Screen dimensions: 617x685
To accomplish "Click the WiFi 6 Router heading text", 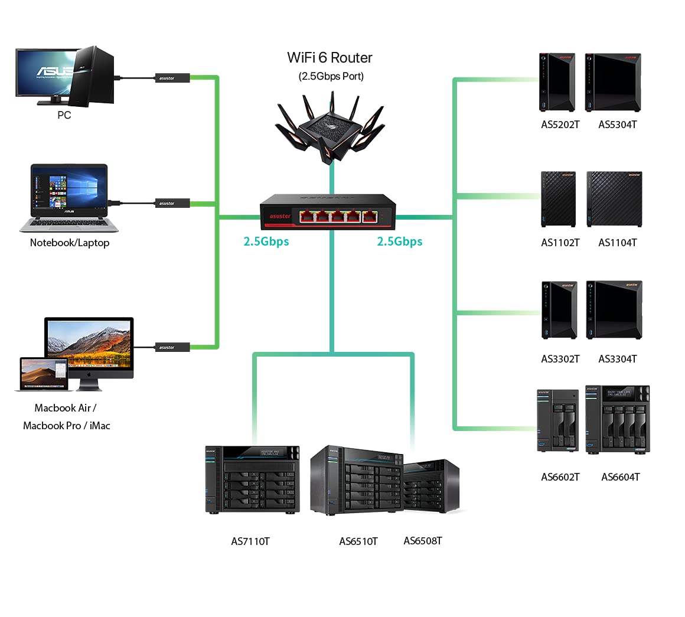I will click(x=330, y=58).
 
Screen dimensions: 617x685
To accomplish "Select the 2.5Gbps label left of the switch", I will click(x=266, y=241).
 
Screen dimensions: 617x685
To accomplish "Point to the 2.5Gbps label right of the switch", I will click(x=400, y=241).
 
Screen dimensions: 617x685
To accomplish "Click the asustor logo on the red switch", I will click(x=280, y=217).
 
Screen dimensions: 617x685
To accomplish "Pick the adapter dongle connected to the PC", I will click(x=172, y=78).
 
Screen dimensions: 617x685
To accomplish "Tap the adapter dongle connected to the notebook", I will click(x=172, y=203).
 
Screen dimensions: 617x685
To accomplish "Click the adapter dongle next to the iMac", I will click(x=172, y=347).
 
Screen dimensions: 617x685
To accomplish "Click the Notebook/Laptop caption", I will click(x=70, y=243).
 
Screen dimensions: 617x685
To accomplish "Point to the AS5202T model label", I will click(x=560, y=125).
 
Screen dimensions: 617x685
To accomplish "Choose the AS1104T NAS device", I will click(x=614, y=199).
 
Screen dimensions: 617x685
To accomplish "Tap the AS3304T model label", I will click(x=617, y=359).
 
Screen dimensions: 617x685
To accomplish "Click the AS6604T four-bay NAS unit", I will click(x=617, y=420).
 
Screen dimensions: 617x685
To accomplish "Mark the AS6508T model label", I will click(x=423, y=541).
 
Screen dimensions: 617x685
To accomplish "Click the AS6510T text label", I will click(x=358, y=541).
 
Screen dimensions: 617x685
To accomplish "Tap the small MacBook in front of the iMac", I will click(x=43, y=374).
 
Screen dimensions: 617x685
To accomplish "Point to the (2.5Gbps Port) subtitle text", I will click(x=331, y=76).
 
